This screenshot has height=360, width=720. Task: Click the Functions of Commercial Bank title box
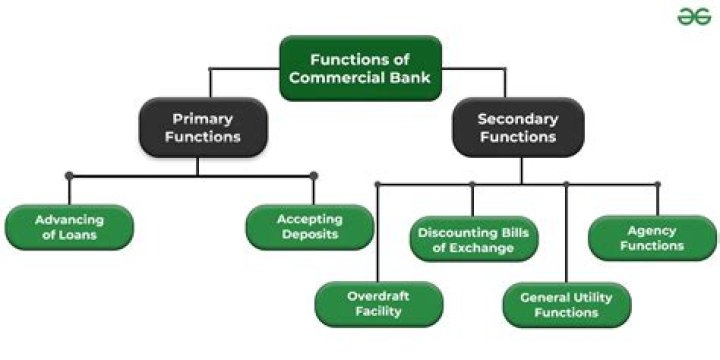click(359, 68)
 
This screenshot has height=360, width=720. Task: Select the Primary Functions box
click(202, 128)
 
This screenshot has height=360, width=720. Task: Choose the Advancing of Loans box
click(68, 227)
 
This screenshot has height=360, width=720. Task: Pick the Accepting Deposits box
click(309, 227)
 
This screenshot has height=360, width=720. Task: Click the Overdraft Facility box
click(377, 303)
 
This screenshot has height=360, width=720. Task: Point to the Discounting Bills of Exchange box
click(474, 240)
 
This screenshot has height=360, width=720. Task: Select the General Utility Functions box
click(566, 305)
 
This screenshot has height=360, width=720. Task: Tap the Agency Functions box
click(651, 238)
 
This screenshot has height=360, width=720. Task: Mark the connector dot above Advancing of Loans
click(69, 176)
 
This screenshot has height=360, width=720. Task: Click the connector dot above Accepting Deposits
click(313, 176)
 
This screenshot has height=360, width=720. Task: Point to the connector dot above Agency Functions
click(657, 184)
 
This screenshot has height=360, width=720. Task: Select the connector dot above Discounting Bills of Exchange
click(472, 184)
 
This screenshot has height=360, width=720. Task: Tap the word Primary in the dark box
click(202, 117)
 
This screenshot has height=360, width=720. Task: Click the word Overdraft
click(377, 296)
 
